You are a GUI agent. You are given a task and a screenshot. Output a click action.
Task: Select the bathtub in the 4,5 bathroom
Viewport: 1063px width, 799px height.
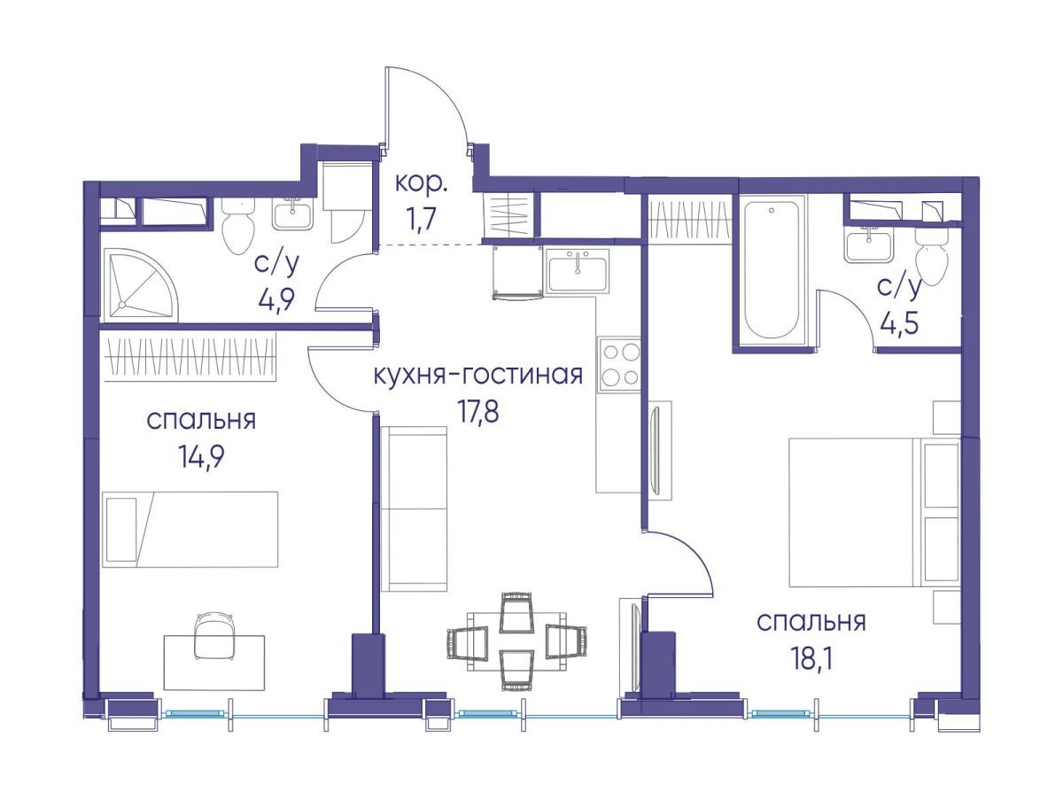tap(771, 270)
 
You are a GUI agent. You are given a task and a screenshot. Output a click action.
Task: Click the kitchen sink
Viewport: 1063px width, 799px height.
tap(578, 270)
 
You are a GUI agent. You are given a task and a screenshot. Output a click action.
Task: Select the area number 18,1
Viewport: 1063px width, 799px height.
tap(811, 659)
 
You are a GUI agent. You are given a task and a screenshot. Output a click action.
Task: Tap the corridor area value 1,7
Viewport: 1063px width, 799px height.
tap(421, 219)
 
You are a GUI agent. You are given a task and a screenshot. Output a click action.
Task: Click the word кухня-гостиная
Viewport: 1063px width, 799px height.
tap(478, 376)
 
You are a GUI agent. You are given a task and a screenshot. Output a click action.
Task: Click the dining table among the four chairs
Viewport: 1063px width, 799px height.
tap(516, 640)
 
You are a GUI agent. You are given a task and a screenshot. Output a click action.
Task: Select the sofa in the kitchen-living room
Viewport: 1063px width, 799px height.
tap(414, 508)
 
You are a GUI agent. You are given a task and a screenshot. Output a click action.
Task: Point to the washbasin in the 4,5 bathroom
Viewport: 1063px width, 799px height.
tap(869, 244)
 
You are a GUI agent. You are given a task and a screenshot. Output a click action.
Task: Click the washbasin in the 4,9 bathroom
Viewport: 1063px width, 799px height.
tap(292, 213)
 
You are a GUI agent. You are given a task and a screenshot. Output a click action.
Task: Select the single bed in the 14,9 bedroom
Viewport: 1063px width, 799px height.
tap(190, 530)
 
